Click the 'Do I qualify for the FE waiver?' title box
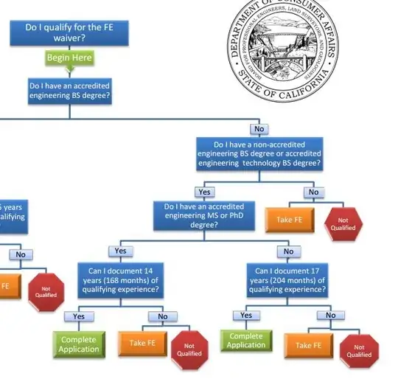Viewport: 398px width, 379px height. [x=65, y=32]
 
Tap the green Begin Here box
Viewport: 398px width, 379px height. [x=69, y=58]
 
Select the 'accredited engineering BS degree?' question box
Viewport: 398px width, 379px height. [x=70, y=91]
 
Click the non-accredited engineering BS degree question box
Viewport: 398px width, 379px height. [x=259, y=154]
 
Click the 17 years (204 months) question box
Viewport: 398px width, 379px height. [x=288, y=279]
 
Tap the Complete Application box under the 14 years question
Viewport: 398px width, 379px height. [x=78, y=344]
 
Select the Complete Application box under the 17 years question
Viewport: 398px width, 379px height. [x=246, y=341]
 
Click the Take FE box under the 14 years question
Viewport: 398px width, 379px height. [x=142, y=343]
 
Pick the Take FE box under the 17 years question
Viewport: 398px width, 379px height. [x=310, y=344]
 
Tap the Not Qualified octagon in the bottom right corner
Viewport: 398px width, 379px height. [x=359, y=351]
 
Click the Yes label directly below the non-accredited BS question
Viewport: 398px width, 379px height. [x=204, y=192]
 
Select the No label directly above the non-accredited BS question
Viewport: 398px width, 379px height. [x=259, y=129]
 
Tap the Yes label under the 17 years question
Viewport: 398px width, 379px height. [x=246, y=315]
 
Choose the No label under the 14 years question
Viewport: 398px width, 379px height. [x=162, y=316]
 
